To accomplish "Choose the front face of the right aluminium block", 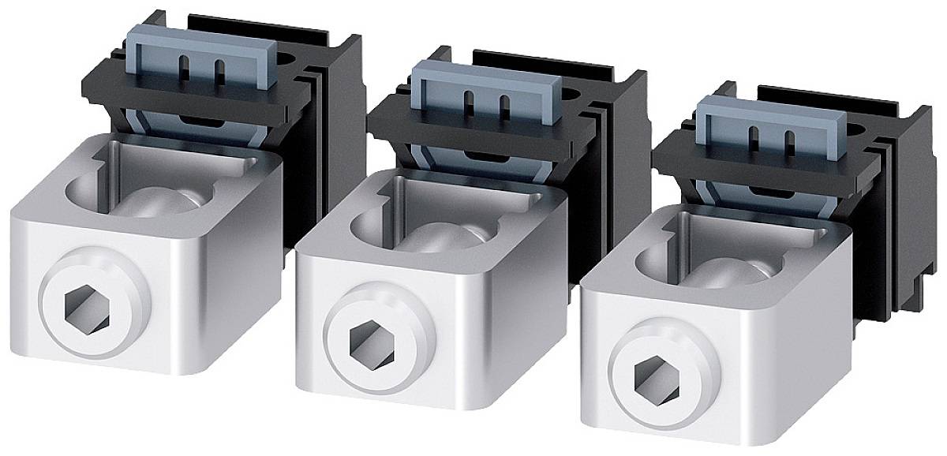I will (710, 379).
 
